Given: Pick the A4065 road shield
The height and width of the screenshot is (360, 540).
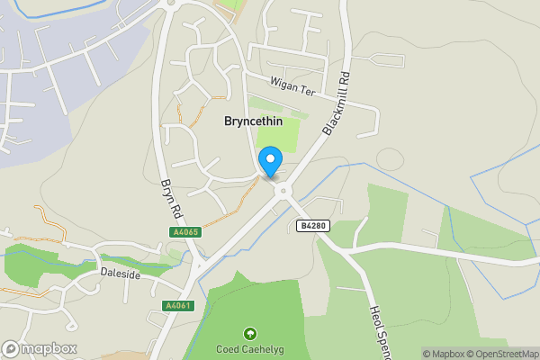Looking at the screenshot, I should point(184,232).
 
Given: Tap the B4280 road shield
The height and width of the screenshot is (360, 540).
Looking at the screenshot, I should point(312,226).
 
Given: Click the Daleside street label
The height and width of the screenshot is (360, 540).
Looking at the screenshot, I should point(121,273).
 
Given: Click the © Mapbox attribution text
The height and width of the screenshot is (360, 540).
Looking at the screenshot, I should point(445,354).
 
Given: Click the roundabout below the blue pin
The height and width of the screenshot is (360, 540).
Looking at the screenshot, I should point(284,191).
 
